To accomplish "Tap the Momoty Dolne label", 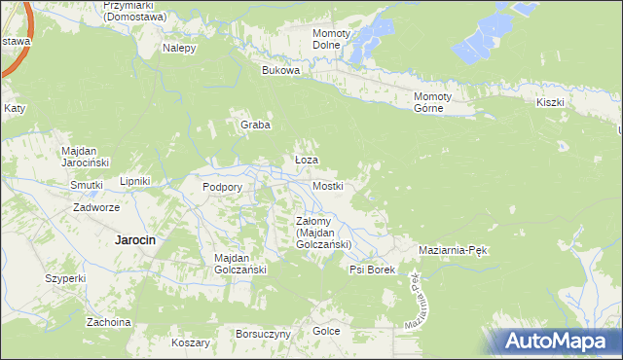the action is [x=331, y=39].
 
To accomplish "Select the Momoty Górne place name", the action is [x=434, y=102].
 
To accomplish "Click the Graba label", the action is [x=255, y=125].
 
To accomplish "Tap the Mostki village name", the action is [x=327, y=185].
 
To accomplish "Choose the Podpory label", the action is [x=221, y=187].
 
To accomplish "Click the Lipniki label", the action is [x=133, y=181].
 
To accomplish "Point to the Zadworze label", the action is [x=96, y=207].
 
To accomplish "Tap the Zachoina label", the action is [x=108, y=322].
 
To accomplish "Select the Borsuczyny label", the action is [x=263, y=334].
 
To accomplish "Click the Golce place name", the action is [x=326, y=332].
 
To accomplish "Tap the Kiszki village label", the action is [x=550, y=102].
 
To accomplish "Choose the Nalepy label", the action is [x=180, y=48].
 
